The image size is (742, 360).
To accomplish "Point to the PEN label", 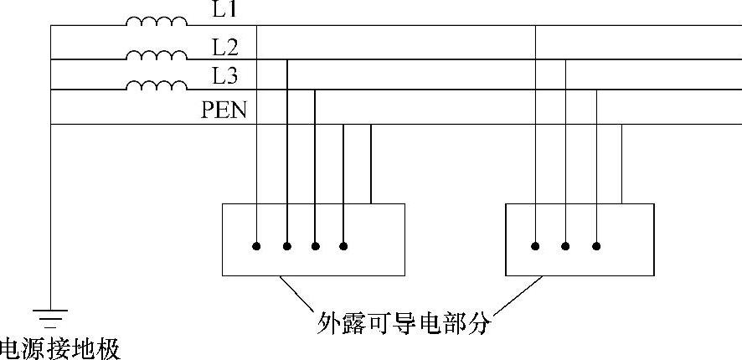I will (224, 109).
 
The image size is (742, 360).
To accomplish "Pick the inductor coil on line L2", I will (157, 55).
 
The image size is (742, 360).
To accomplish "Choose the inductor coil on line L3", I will (157, 85).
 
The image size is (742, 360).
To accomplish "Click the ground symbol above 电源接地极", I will (51, 316).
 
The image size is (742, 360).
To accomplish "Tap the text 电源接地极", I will (59, 347).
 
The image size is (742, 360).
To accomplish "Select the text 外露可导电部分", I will (403, 321).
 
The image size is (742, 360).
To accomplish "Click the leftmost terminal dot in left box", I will (256, 246).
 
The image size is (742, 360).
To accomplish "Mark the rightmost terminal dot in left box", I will (343, 246).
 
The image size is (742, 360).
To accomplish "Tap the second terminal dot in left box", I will (286, 246).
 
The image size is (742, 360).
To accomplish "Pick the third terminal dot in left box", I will (315, 246).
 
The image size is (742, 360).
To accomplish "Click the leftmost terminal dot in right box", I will (536, 246).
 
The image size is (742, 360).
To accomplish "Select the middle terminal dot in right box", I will (566, 246).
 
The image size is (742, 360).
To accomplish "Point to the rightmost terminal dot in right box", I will (596, 246).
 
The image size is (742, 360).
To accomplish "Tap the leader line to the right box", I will (519, 292).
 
